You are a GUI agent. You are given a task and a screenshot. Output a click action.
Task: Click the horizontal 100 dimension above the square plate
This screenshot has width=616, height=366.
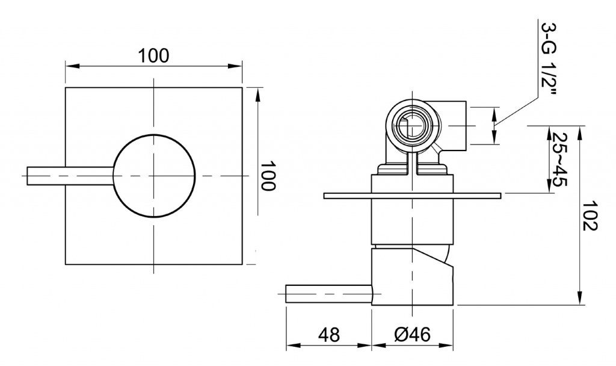point(153,56)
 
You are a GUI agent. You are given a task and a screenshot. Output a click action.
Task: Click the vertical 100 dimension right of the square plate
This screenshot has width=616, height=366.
point(268,175)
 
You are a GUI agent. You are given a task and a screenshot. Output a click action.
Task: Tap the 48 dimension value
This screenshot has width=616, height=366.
point(329,335)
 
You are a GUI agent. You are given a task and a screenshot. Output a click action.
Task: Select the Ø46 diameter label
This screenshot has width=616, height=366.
point(412,335)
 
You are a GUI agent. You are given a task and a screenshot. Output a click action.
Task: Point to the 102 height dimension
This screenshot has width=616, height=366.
point(590,216)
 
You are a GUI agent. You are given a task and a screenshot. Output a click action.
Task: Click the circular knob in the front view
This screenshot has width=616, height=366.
point(154,175)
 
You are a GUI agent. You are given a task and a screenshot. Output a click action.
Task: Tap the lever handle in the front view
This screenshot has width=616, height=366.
point(70,176)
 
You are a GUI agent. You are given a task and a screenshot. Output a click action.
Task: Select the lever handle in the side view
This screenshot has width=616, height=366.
point(329,294)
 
